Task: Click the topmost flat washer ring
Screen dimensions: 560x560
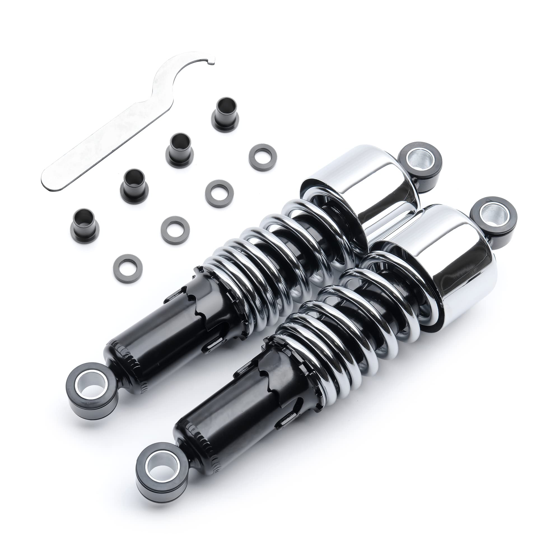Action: point(263,157)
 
